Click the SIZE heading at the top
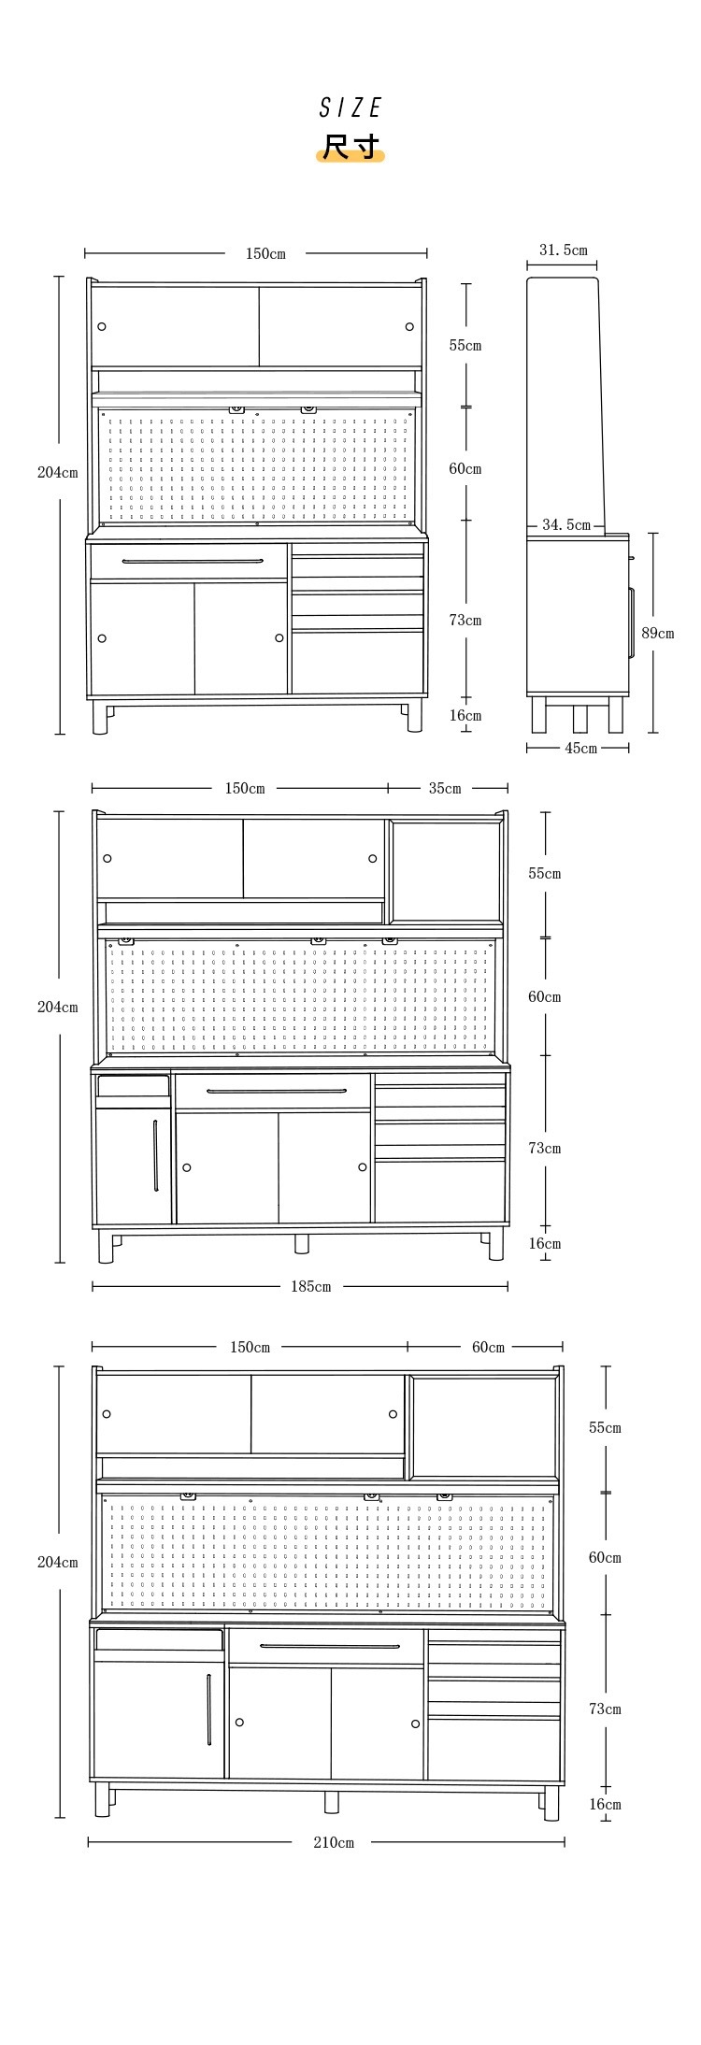[x=350, y=108]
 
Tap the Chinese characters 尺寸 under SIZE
[x=350, y=148]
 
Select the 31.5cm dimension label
[x=564, y=250]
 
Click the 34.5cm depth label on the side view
[x=566, y=525]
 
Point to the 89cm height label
[x=657, y=633]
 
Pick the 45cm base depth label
[x=580, y=748]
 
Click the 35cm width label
[x=445, y=788]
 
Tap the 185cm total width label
[x=310, y=1286]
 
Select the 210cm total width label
[x=334, y=1842]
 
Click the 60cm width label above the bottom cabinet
[x=488, y=1347]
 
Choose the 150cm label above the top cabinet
[x=265, y=253]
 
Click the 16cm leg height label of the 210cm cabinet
[x=605, y=1804]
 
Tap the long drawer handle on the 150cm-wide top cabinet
[x=193, y=561]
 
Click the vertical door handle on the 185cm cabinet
[x=155, y=1155]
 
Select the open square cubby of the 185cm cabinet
[x=446, y=871]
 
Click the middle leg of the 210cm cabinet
[x=332, y=1801]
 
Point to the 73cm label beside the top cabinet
[x=465, y=620]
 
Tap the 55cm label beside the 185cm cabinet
[x=545, y=873]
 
